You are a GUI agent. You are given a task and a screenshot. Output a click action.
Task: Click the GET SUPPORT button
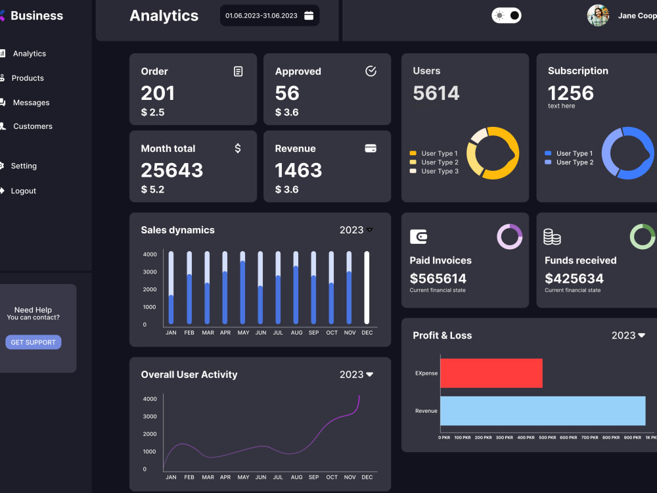point(33,342)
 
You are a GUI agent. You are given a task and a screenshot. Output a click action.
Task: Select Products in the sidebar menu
point(28,78)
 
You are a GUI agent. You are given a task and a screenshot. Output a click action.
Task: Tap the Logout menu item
point(24,191)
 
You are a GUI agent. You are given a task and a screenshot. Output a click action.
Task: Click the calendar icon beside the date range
point(309,16)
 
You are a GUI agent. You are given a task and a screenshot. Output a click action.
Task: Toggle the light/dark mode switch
point(506,16)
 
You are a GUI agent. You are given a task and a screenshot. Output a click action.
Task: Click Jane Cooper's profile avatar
point(598,16)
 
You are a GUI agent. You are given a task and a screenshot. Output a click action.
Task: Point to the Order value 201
point(158,93)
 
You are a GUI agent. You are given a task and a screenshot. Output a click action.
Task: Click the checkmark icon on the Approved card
point(371,71)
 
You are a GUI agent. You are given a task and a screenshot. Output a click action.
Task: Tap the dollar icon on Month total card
point(238,149)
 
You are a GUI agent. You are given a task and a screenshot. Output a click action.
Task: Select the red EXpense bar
point(491,373)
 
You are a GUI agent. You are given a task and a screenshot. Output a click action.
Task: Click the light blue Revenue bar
point(543,411)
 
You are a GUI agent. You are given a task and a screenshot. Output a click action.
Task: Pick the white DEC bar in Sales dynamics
point(367,288)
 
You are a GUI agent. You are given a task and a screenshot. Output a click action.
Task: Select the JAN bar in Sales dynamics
point(171,288)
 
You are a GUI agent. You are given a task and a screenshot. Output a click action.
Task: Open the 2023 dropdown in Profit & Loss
point(628,335)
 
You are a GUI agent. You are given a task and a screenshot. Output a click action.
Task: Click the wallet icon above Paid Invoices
point(419,237)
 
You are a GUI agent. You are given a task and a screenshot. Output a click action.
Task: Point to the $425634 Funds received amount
point(574,278)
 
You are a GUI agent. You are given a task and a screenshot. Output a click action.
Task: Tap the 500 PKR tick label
point(547,438)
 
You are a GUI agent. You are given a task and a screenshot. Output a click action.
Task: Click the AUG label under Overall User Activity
point(297,477)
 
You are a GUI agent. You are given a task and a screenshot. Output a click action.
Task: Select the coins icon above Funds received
point(552,237)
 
